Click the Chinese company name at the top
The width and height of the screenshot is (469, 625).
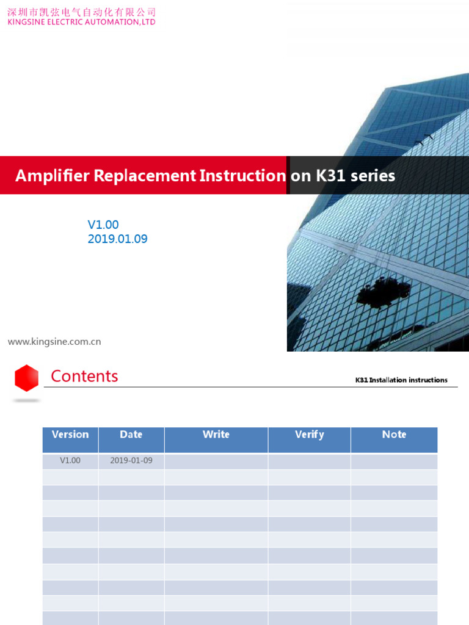(81, 12)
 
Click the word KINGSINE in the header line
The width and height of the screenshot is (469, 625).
(27, 22)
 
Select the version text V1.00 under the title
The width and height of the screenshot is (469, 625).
(103, 225)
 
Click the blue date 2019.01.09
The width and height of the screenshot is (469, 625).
(117, 239)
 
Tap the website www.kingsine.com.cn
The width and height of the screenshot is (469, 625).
(54, 342)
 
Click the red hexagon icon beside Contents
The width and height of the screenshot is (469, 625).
(27, 378)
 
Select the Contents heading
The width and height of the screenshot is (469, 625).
(84, 376)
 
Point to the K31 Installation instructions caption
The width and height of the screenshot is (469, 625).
(401, 380)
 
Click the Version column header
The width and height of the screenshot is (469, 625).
(70, 435)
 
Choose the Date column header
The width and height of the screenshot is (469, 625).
(131, 435)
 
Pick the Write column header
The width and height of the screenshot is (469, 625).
(216, 435)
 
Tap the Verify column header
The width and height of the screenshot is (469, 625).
(309, 435)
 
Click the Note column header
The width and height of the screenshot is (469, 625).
(394, 435)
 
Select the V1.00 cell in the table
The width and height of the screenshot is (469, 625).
(70, 461)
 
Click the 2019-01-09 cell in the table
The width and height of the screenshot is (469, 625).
(131, 461)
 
